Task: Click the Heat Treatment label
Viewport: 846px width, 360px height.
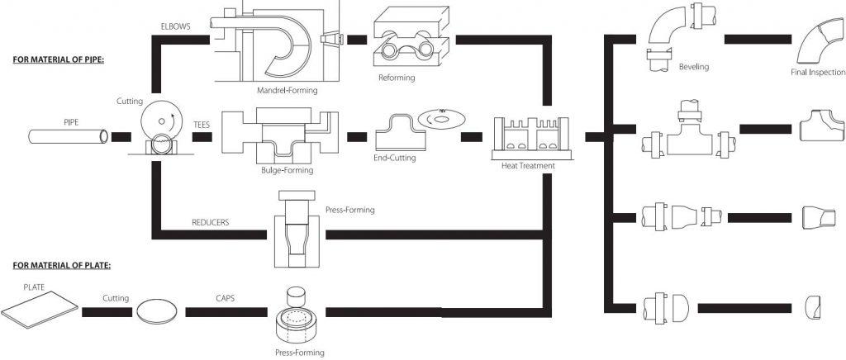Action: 528,166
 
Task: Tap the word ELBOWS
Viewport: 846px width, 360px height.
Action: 175,26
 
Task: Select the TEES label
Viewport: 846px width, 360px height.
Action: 202,124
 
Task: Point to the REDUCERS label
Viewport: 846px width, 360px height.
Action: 210,222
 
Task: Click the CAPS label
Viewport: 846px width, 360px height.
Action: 225,297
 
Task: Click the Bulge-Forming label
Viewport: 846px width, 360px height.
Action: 287,170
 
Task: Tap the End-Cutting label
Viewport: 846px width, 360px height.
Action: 394,158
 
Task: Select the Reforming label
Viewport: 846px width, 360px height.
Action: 397,78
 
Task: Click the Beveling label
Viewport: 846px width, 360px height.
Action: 694,67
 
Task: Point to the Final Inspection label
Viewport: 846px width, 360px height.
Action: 818,72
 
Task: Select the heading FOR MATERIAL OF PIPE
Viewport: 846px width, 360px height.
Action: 58,59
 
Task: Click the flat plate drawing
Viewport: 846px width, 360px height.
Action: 40,309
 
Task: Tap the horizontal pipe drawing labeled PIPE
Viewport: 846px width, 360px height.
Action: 69,135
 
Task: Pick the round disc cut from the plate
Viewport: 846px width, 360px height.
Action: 156,311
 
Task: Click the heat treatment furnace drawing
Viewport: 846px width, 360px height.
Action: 531,139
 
